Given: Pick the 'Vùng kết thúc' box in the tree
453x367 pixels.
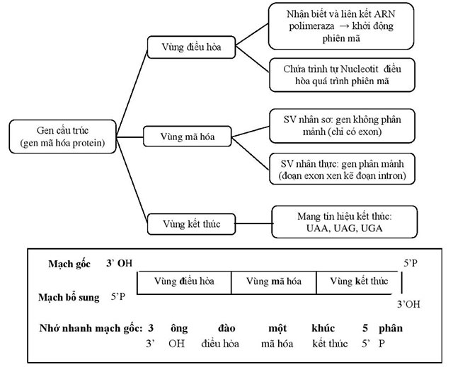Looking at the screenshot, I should (184, 224).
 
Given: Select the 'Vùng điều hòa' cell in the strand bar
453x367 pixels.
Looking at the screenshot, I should (184, 281).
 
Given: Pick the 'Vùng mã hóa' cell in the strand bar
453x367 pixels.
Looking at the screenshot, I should (273, 281).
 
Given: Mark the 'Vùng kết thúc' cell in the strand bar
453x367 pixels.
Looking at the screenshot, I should (359, 281).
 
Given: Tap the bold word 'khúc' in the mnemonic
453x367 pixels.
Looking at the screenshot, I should (323, 329).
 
